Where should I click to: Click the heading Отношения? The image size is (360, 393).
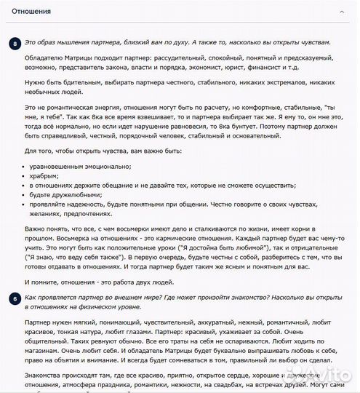click(x=31, y=12)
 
